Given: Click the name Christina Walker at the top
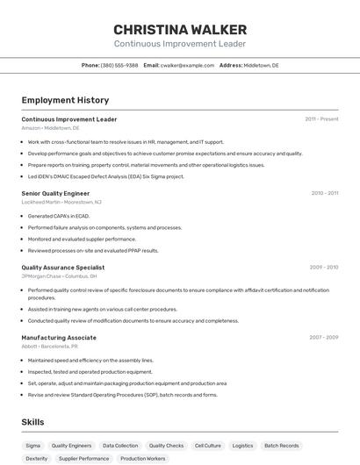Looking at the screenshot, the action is point(179,29).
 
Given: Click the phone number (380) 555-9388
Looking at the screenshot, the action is point(119,65).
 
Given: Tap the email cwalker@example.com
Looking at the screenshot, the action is point(188,65).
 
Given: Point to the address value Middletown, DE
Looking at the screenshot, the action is point(261,65).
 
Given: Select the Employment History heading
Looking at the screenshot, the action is point(65,100).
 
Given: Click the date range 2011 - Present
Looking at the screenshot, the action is point(321,119).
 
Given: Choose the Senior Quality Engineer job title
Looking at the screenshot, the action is point(55,193).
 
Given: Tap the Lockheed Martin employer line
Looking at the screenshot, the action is point(61,202).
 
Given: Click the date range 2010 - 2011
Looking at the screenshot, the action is point(324,193).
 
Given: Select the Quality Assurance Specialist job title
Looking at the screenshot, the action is point(62,268).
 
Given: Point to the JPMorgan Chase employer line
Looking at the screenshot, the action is point(59,276).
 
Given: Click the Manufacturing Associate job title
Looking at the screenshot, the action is point(59,338).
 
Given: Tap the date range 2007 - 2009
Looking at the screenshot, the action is point(323,338).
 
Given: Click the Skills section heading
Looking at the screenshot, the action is point(32,422).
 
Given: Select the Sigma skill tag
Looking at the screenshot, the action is point(32,446).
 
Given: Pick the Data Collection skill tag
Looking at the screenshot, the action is point(120,446).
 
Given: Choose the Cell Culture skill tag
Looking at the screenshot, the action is point(208,446).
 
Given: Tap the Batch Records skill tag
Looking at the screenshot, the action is point(282,446).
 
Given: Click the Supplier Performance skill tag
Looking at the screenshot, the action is point(84,458).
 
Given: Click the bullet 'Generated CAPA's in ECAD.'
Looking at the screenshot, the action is point(59,216).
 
